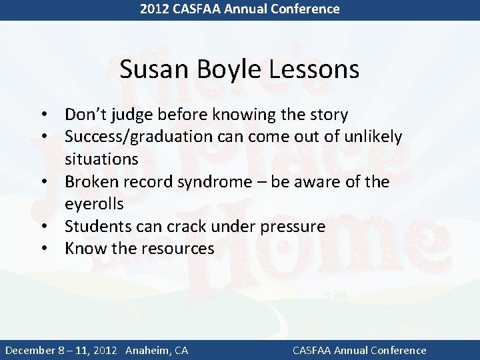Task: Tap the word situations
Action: [101, 159]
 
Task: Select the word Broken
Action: [91, 182]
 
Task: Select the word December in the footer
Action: [33, 350]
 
